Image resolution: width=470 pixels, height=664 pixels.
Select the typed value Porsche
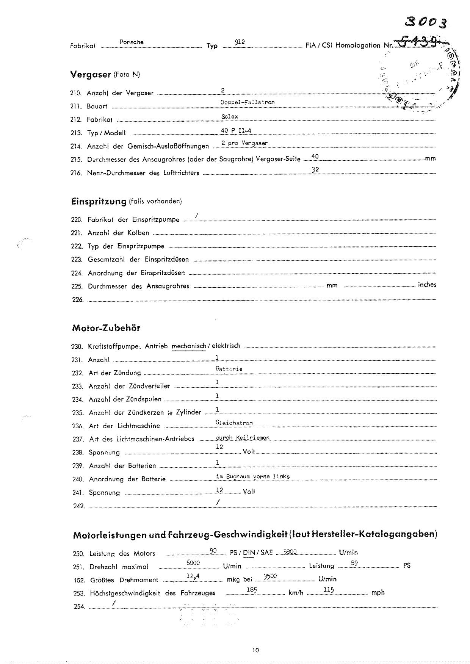[132, 42]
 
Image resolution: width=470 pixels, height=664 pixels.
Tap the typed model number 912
[240, 42]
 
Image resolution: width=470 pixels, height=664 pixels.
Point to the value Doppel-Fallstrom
[248, 102]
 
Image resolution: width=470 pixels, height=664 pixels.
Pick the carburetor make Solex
[230, 117]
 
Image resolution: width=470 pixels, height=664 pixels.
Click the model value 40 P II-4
[236, 131]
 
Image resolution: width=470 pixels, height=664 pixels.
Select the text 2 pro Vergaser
[244, 143]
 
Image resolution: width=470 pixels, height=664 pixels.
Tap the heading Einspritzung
[99, 201]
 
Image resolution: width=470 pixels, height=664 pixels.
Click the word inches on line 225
[427, 285]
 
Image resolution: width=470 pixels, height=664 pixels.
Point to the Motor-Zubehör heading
[106, 328]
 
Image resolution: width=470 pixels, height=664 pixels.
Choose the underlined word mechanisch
[189, 346]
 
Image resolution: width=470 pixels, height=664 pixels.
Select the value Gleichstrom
[234, 423]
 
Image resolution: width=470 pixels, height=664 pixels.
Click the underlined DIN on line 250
[249, 553]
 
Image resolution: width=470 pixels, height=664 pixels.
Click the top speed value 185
[252, 590]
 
